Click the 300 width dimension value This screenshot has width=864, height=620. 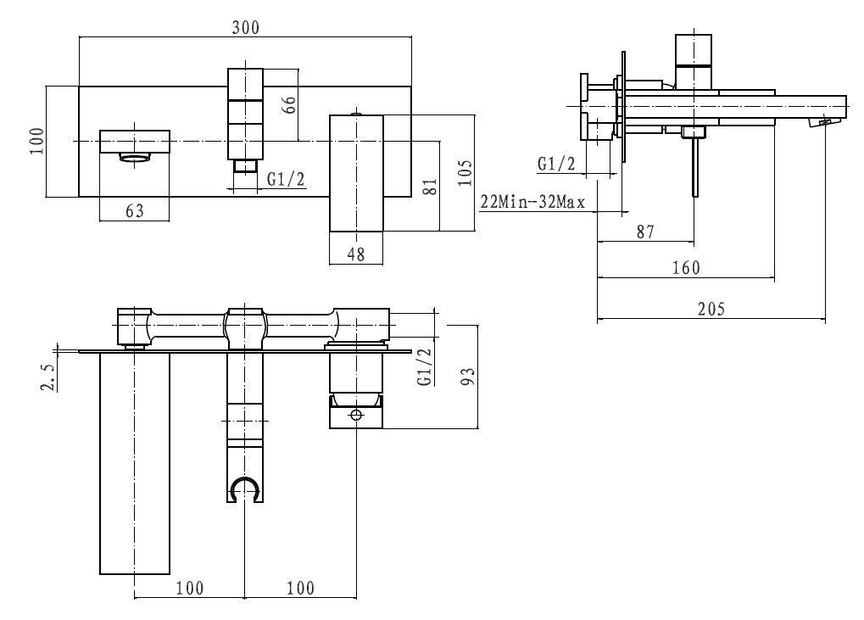point(246,27)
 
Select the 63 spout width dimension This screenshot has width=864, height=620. point(135,210)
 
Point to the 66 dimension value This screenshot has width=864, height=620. point(289,104)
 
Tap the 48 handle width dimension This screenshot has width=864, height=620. point(356,253)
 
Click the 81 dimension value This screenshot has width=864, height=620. point(430,185)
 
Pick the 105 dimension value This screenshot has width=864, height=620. point(464,175)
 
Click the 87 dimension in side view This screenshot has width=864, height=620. point(645,231)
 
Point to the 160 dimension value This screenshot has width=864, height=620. point(686,267)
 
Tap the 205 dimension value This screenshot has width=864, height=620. point(711,310)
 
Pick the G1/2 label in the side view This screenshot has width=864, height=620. point(556,164)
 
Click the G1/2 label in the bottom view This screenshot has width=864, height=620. point(425,366)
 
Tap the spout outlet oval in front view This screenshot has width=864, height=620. point(135,157)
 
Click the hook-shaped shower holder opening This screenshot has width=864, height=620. point(245,489)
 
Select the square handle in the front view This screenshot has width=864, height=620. point(356,173)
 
